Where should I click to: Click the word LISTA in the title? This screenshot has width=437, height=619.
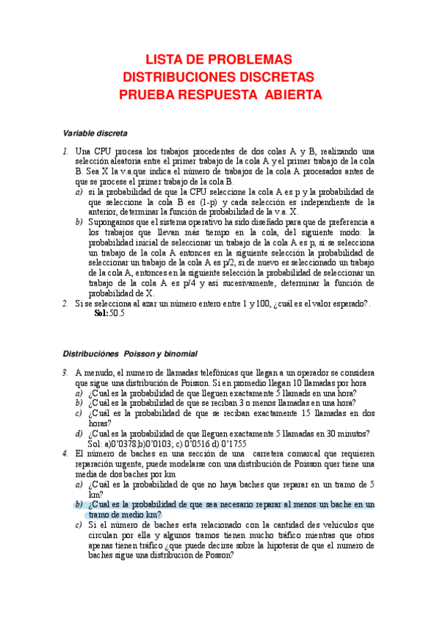166,59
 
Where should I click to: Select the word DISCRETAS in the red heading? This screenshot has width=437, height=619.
268,77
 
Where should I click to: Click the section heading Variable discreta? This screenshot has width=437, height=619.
95,134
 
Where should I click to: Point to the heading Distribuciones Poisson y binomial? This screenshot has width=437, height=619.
130,353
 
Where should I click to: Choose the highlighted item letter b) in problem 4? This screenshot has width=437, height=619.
79,504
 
